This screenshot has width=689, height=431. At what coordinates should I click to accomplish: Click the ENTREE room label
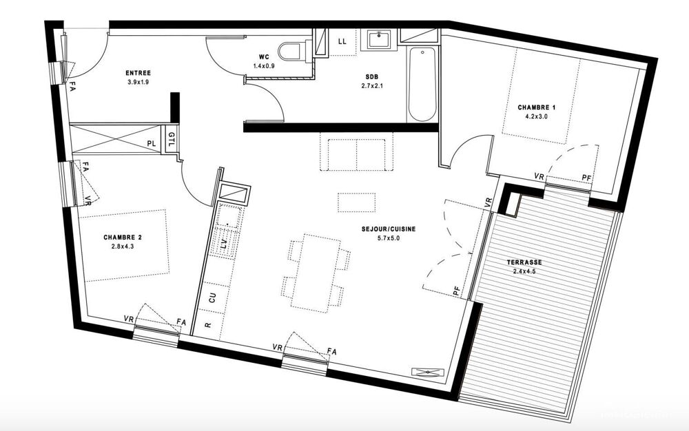click(138, 73)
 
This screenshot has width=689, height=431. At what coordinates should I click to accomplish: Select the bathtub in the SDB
click(422, 84)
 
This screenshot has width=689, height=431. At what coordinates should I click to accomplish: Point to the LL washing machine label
click(342, 41)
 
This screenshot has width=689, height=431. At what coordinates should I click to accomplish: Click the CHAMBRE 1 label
click(537, 107)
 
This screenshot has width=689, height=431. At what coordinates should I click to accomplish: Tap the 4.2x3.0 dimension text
click(537, 117)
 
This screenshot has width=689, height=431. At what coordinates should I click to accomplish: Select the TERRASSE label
click(524, 262)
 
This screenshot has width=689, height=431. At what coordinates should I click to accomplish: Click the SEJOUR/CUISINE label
click(389, 229)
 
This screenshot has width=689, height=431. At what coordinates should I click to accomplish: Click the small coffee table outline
click(356, 202)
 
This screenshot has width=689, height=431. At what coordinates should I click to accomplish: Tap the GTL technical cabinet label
click(172, 139)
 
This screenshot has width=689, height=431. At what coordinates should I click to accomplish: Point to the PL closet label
click(152, 143)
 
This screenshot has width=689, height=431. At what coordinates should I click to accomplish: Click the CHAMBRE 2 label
click(123, 237)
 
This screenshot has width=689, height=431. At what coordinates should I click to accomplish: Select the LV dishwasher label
click(224, 244)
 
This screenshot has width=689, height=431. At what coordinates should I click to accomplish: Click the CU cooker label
click(213, 298)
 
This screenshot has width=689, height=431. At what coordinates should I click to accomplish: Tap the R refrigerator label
click(208, 325)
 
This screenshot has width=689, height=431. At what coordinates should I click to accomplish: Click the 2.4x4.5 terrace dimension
click(524, 271)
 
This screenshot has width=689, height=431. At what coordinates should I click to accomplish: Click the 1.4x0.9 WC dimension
click(264, 66)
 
